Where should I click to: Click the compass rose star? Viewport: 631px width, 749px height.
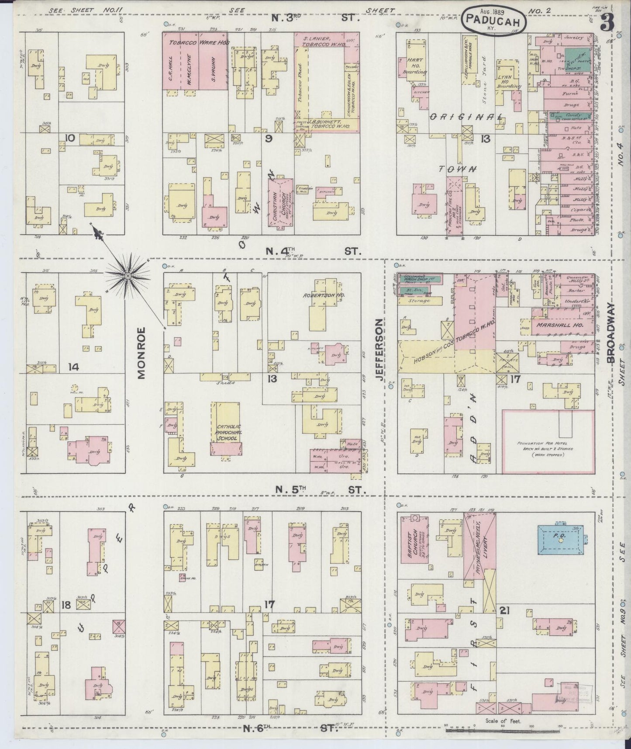(127, 276)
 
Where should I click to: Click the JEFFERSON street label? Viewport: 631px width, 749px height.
(379, 350)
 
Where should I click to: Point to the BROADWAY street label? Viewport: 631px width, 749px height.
(610, 333)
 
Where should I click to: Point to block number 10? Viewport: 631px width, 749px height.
(69, 139)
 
